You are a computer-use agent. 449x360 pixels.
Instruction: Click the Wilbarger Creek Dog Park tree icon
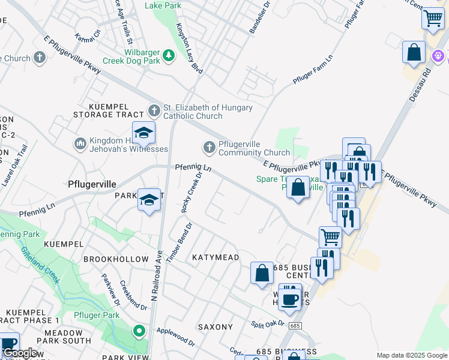169,55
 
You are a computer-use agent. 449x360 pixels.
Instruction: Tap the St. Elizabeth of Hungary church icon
154,111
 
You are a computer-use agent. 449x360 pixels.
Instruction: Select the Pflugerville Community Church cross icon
209,147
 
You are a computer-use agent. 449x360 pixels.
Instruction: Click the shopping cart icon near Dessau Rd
432,18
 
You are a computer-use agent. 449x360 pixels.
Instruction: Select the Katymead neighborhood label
215,257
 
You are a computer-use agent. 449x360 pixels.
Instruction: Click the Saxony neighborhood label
215,327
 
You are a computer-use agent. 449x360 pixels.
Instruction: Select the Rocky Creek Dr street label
192,192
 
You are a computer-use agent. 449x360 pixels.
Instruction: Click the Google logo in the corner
19,353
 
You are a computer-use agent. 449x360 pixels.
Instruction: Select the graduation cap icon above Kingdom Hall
144,133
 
